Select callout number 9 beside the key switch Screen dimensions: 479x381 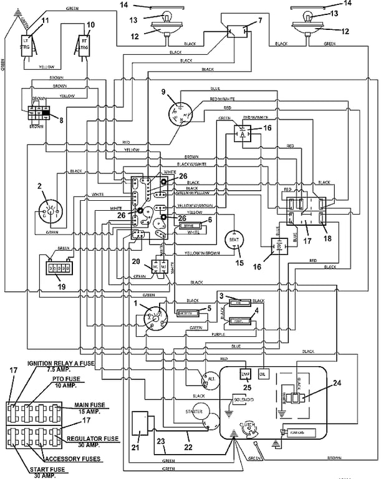[163, 92]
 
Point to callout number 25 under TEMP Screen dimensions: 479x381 [246, 387]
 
